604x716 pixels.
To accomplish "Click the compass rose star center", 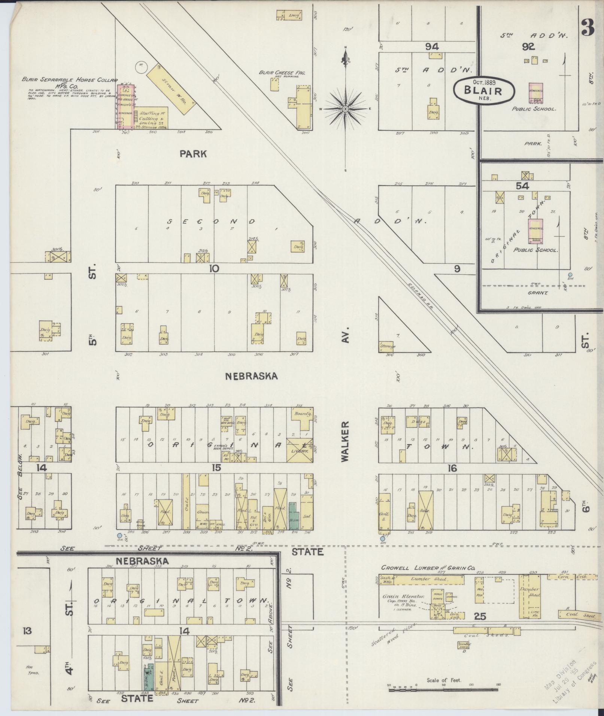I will [x=345, y=109].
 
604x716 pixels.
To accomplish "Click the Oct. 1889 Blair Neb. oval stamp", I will [x=483, y=90].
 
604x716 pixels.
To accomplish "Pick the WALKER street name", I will [x=345, y=441].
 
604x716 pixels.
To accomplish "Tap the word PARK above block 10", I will [x=193, y=154].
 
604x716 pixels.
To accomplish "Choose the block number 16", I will [x=452, y=468].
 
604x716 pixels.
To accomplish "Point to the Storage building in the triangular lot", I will [x=388, y=345].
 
